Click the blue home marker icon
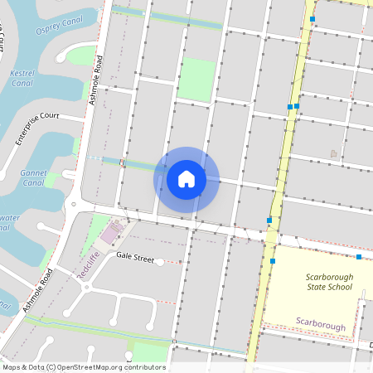[186, 179]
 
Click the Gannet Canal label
[34, 177]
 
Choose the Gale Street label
[135, 258]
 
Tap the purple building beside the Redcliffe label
[110, 235]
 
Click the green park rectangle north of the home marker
[197, 80]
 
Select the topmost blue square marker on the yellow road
[312, 18]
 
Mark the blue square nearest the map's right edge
[359, 257]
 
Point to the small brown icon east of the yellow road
[334, 153]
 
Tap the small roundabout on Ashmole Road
[74, 204]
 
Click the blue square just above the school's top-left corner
[273, 261]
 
